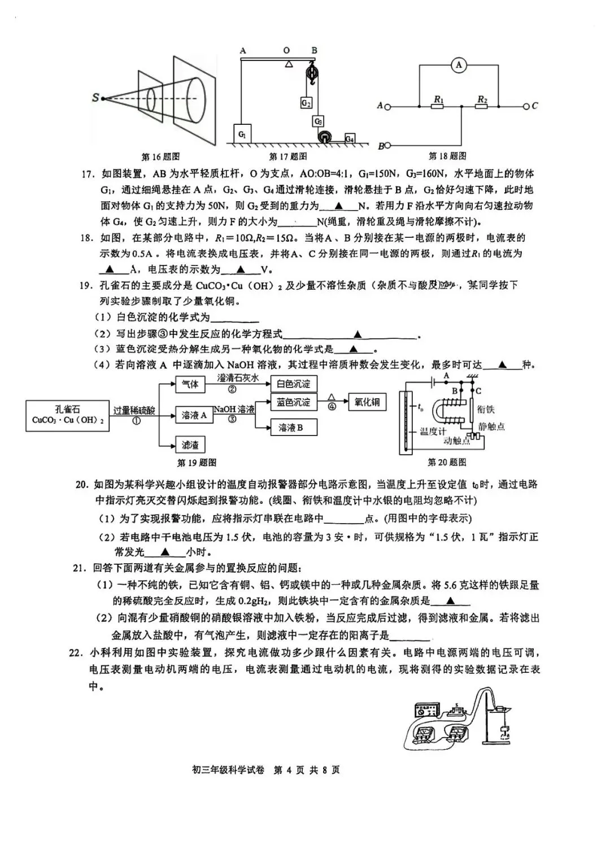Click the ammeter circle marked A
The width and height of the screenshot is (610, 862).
[459, 66]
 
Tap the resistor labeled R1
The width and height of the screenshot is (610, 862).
[438, 106]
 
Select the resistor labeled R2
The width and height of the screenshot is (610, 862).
[481, 106]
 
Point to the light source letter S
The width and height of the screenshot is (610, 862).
[95, 98]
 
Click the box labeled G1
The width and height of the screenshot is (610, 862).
[242, 134]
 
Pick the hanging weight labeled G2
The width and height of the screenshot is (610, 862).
[306, 103]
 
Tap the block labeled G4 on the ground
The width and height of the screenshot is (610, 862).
[350, 138]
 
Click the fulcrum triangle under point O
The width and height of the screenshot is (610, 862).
[289, 63]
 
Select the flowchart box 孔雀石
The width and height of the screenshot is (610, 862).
[67, 415]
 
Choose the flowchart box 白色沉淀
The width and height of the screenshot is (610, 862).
[294, 384]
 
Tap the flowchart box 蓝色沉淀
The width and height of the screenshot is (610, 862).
[294, 402]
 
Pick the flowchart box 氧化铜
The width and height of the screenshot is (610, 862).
[367, 402]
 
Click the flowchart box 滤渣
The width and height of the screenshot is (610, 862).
[190, 445]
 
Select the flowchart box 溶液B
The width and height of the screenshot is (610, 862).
[291, 428]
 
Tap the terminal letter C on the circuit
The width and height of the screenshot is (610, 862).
[534, 106]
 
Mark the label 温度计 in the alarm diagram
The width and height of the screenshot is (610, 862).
[433, 432]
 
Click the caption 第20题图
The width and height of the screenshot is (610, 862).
[447, 462]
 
